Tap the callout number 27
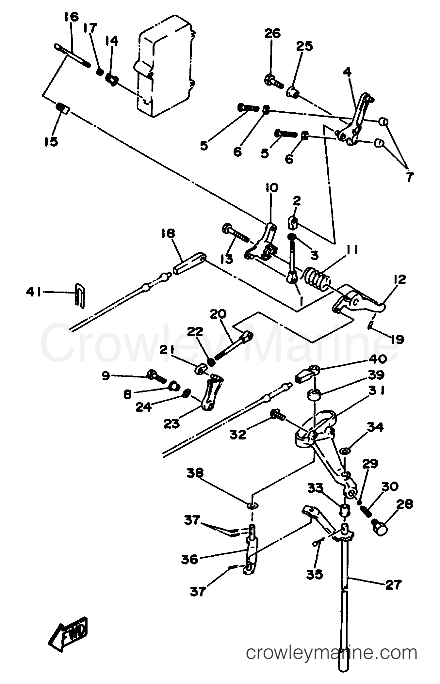coord(392,584)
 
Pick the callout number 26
coord(272,34)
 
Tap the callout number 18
coord(168,234)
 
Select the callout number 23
coord(172,424)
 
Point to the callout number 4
coord(347,72)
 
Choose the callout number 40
coord(378,359)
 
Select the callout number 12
coord(398,279)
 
